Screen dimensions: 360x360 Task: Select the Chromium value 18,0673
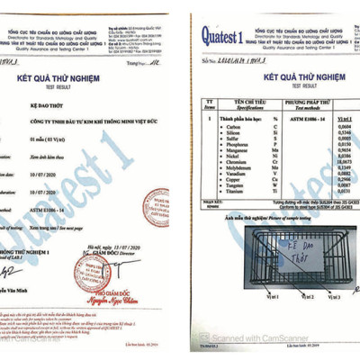pos(328,161)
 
